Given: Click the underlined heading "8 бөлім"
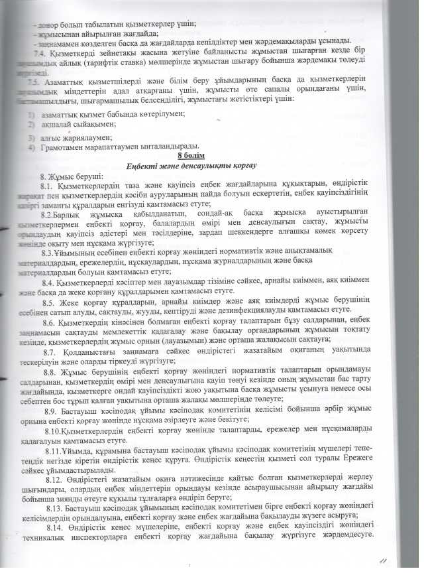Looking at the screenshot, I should coord(211,155).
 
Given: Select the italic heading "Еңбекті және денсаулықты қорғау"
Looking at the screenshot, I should coord(211,164).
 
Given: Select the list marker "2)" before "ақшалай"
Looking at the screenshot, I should coord(30,124).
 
